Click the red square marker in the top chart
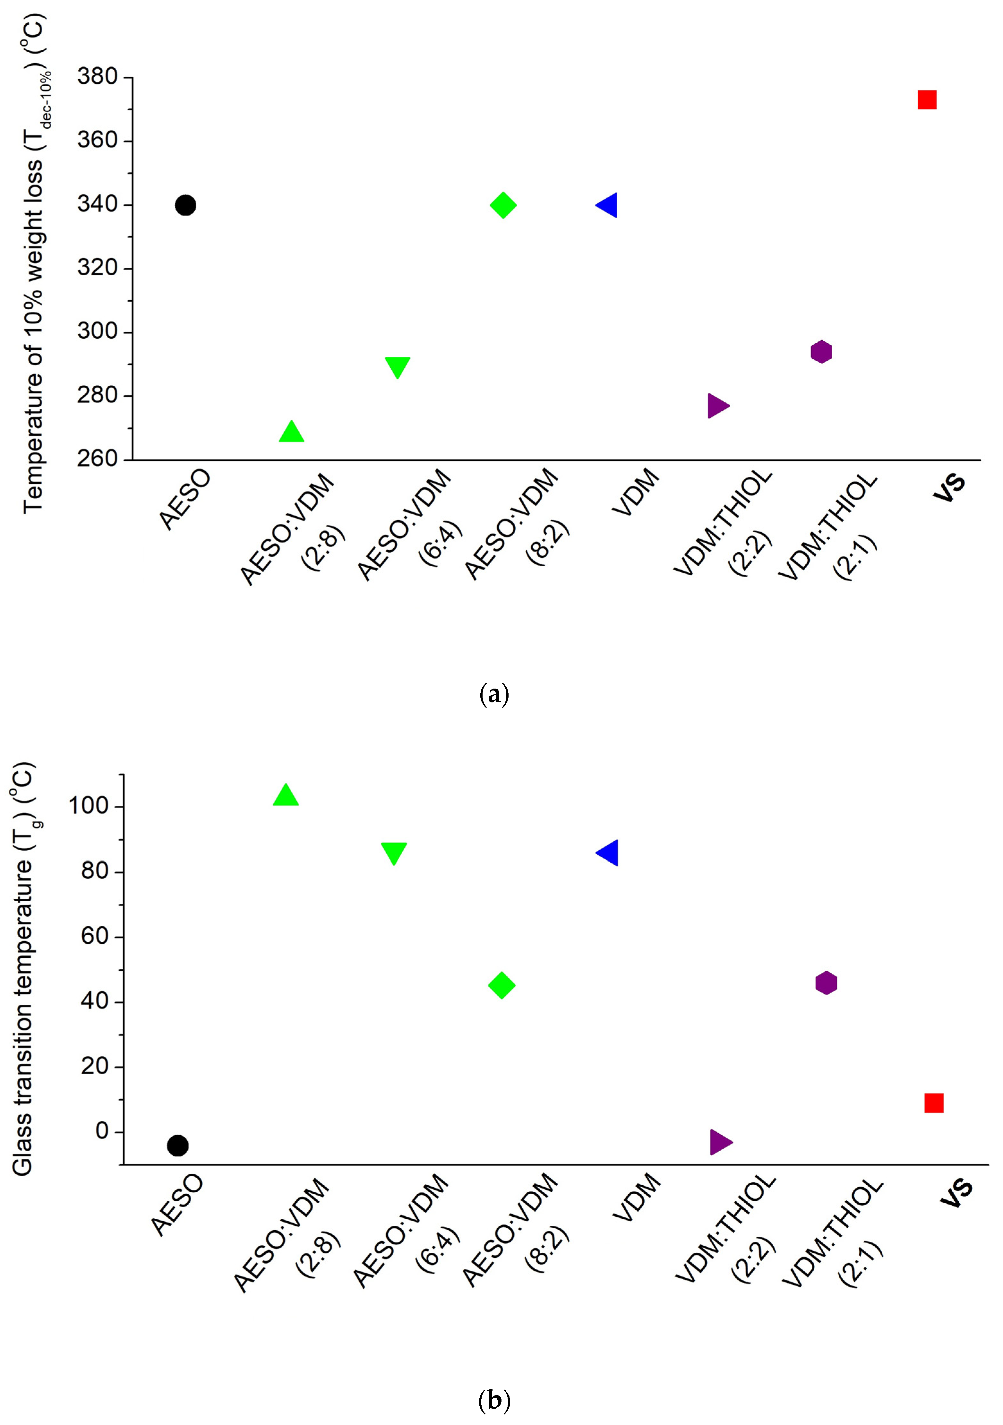[x=927, y=100]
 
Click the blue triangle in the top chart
[x=607, y=205]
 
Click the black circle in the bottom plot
[x=177, y=1146]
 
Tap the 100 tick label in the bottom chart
[x=90, y=807]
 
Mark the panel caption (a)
[x=495, y=693]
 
